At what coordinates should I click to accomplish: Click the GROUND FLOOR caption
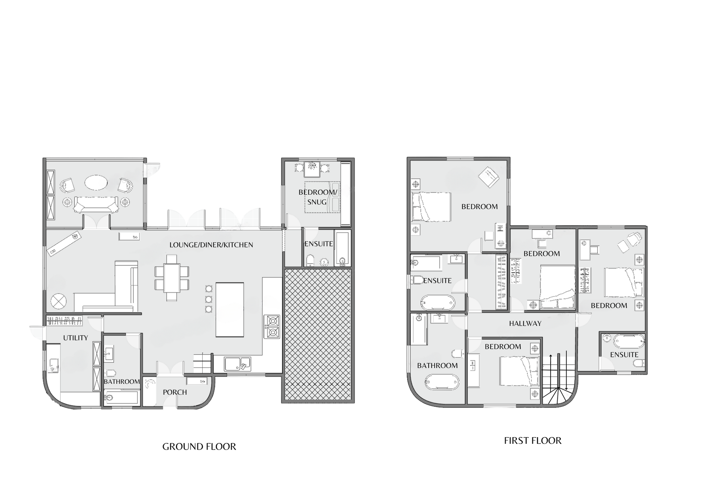coord(199,446)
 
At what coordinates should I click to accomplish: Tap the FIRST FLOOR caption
coord(533,440)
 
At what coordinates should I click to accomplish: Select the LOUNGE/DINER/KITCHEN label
coord(211,245)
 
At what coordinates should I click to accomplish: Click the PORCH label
coord(175,392)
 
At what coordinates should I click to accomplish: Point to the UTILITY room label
coord(76,338)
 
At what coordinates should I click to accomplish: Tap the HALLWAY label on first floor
coord(525,323)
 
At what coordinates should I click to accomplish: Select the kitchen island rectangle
coord(230,310)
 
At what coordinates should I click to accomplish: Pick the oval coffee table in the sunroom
coord(96,182)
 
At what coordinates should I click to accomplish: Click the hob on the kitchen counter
coord(272,327)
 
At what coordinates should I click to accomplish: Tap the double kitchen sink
coord(237,364)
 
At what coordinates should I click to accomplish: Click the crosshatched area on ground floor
coord(318,334)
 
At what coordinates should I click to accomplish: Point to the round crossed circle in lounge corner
coord(58,302)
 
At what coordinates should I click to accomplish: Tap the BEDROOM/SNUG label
coord(318,197)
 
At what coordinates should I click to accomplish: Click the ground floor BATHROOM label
coord(122,382)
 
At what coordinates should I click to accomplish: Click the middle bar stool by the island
coord(209,299)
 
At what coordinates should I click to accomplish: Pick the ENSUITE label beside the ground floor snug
coord(319,244)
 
